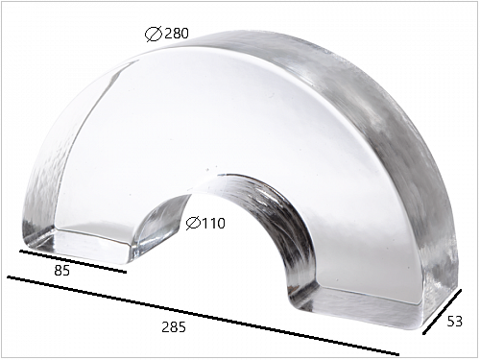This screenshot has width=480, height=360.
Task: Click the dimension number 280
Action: pos(177,34)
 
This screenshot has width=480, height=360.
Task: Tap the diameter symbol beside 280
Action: pos(154,35)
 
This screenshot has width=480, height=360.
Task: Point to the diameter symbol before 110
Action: pos(193,224)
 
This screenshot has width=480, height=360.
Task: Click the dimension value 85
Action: pos(61,271)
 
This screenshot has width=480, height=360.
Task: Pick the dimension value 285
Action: pos(174,327)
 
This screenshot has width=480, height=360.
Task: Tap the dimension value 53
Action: pos(454,322)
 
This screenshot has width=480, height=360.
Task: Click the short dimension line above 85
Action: pos(73,261)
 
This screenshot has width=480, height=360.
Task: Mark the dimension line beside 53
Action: pos(443,312)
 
